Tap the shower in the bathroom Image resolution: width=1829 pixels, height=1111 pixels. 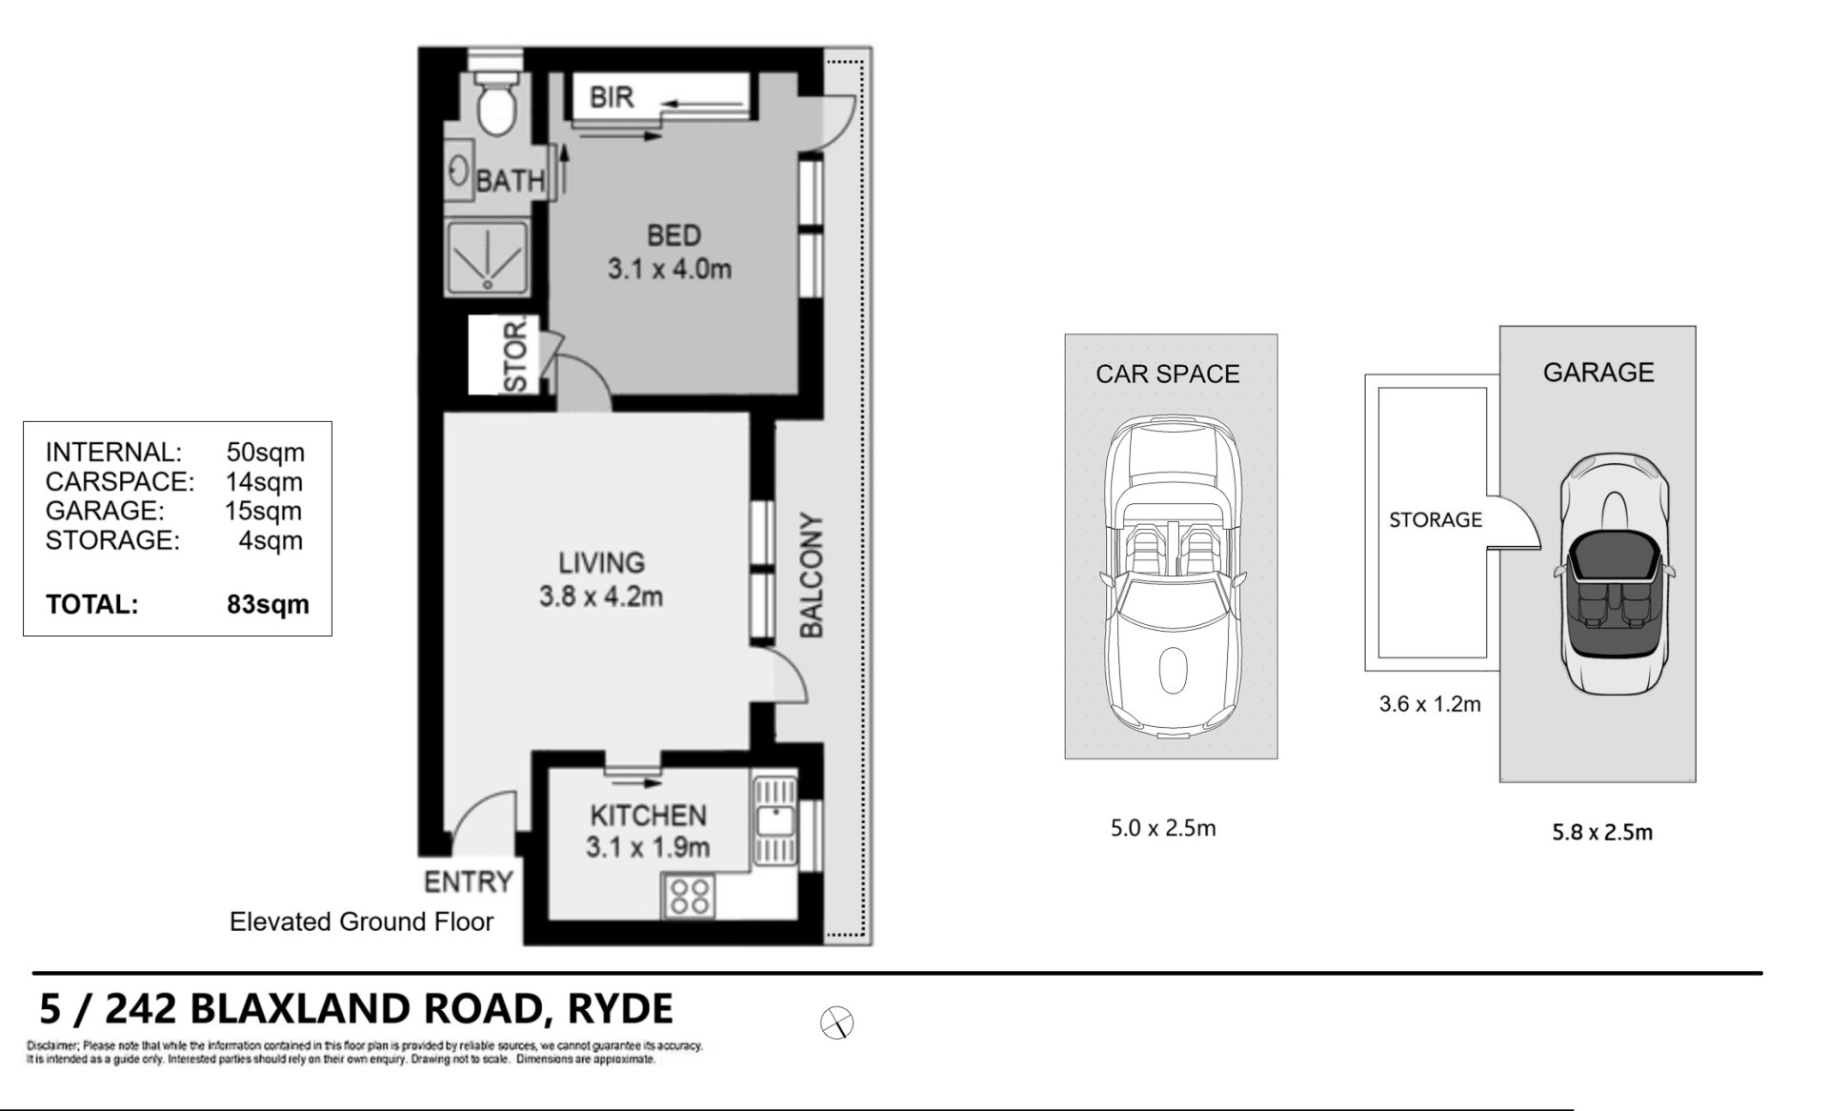[487, 257]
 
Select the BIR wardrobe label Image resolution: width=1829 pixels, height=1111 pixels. [612, 97]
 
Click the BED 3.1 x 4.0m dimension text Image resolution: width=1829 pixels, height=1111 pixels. [671, 252]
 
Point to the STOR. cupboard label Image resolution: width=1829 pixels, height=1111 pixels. [515, 355]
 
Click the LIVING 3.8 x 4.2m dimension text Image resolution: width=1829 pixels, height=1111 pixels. [601, 579]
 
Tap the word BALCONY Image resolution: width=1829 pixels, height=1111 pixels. [811, 576]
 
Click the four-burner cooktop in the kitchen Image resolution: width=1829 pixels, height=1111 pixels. [689, 897]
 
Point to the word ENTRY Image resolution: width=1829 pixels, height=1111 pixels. [469, 882]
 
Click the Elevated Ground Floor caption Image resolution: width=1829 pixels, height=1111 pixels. [362, 921]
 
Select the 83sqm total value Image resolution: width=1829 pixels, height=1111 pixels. [268, 604]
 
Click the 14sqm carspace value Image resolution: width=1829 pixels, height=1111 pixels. [264, 481]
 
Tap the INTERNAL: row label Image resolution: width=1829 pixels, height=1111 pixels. [113, 452]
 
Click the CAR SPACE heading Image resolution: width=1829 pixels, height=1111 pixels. [1168, 374]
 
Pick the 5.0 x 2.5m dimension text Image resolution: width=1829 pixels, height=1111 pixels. [1163, 828]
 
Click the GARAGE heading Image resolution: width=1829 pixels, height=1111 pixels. [1598, 372]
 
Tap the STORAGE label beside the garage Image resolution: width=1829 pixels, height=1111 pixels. [1436, 520]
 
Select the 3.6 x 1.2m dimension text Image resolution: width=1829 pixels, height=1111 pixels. [1430, 705]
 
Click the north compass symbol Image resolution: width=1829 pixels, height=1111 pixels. [836, 1023]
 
